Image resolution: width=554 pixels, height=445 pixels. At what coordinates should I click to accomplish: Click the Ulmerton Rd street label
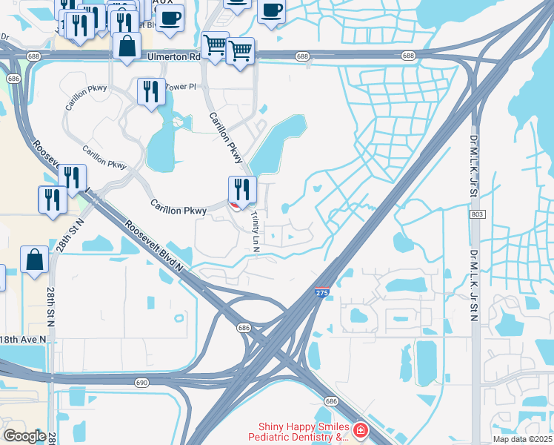(x=173, y=56)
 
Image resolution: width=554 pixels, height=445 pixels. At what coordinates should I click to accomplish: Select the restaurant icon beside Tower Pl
(x=151, y=92)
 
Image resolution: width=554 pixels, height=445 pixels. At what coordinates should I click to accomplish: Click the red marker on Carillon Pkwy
(x=235, y=205)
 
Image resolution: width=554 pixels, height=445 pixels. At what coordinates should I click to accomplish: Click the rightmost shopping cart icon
(x=240, y=51)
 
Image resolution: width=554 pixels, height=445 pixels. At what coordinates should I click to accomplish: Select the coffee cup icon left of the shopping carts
(x=170, y=18)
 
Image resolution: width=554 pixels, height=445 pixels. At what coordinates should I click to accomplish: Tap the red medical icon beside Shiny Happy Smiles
(x=360, y=430)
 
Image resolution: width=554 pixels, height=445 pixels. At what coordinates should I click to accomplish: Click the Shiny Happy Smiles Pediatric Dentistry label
(x=304, y=432)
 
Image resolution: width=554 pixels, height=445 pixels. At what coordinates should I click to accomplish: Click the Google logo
(x=24, y=435)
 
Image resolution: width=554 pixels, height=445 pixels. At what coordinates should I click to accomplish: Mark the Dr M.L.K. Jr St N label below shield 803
(x=474, y=286)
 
